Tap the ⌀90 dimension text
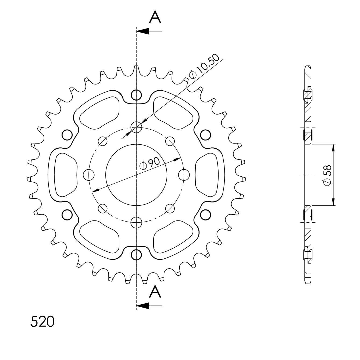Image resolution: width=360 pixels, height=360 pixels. (x=150, y=164)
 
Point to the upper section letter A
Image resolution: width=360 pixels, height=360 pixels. (x=155, y=17)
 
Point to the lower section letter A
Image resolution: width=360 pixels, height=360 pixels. (x=155, y=292)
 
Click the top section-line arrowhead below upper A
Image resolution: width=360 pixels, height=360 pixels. (x=143, y=31)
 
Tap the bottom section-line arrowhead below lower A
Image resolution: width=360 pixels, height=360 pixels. (x=143, y=306)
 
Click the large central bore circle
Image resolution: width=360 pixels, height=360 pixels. (x=106, y=175)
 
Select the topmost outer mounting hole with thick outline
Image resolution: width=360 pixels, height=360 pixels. (x=136, y=95)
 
